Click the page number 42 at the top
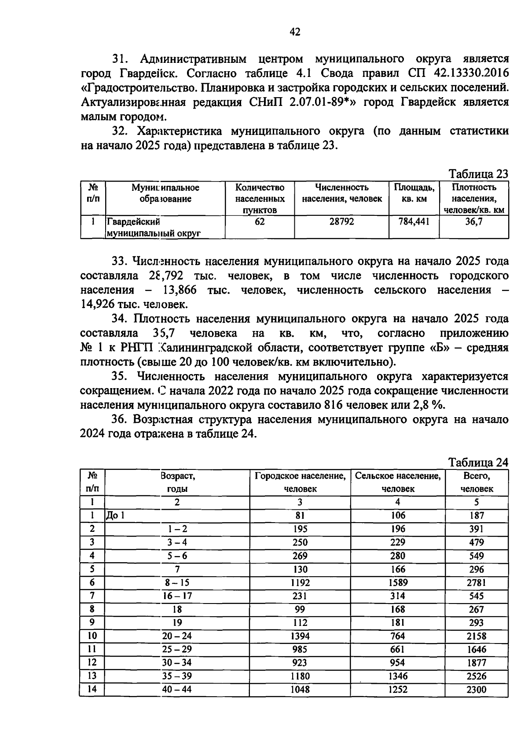pyautogui.click(x=295, y=32)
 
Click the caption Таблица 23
pyautogui.click(x=478, y=174)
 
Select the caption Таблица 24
pyautogui.click(x=478, y=462)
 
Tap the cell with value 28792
pyautogui.click(x=341, y=222)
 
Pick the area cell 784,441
pyautogui.click(x=414, y=222)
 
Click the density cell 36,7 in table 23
pyautogui.click(x=474, y=222)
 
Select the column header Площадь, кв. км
pyautogui.click(x=414, y=193)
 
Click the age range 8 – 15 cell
pyautogui.click(x=177, y=582)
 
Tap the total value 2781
pyautogui.click(x=477, y=583)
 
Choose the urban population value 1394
pyautogui.click(x=300, y=636)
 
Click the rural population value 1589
pyautogui.click(x=398, y=583)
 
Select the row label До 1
pyautogui.click(x=115, y=516)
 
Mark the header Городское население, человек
pyautogui.click(x=300, y=482)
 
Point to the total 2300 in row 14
pyautogui.click(x=477, y=690)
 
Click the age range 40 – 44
pyautogui.click(x=177, y=689)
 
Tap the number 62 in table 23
pyautogui.click(x=260, y=222)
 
